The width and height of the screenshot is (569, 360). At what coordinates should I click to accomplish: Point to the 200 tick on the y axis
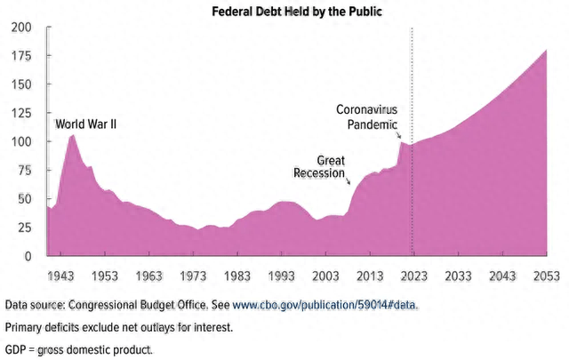tap(20, 28)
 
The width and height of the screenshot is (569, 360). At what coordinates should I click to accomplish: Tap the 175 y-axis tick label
tap(20, 56)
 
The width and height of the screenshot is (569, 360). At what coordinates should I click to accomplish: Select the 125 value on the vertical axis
tap(20, 113)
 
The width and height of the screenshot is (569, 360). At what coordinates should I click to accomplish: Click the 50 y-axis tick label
tap(23, 199)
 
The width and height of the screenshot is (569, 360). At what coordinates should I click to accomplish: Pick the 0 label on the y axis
tap(27, 256)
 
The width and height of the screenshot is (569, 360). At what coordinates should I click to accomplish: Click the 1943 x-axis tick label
tap(60, 276)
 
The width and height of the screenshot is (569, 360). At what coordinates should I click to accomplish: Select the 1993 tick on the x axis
tap(280, 276)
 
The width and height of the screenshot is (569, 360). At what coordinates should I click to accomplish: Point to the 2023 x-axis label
tap(412, 276)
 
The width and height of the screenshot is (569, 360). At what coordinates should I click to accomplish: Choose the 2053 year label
tap(544, 276)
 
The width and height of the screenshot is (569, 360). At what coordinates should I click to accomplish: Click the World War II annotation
tap(86, 124)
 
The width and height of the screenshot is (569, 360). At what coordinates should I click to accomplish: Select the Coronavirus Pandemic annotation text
tap(366, 116)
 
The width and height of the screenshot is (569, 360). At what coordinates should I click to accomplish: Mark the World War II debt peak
tap(73, 135)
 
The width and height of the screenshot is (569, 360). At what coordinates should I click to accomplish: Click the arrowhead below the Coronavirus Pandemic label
tap(399, 139)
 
